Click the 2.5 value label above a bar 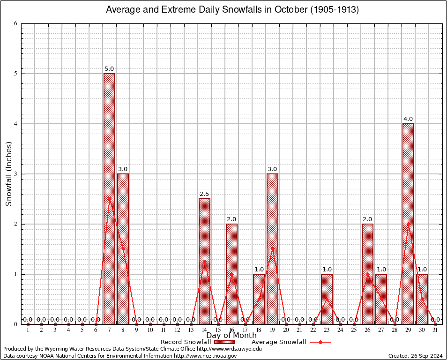(x=204, y=194)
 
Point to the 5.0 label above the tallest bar (x=109, y=68)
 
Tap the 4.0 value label (x=408, y=119)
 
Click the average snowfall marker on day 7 (x=109, y=199)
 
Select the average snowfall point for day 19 (x=272, y=249)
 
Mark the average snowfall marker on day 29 (x=408, y=224)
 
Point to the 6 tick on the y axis (x=15, y=23)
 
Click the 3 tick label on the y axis (x=15, y=174)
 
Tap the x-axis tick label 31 (x=435, y=330)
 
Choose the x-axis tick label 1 (x=28, y=330)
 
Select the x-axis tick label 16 (x=231, y=330)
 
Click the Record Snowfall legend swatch (x=225, y=342)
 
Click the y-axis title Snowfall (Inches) (x=8, y=174)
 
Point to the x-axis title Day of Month (x=231, y=336)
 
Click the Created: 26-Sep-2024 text (x=415, y=356)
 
